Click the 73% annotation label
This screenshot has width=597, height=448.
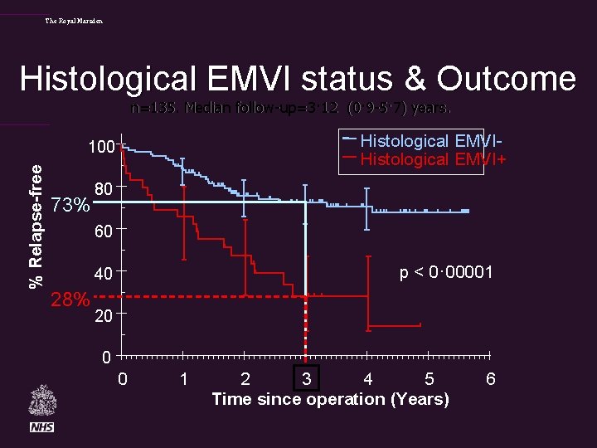(x=70, y=205)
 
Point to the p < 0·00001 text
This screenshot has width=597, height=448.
(x=447, y=272)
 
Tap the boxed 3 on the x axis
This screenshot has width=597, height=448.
(x=307, y=378)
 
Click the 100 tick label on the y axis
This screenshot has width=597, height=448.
(x=102, y=148)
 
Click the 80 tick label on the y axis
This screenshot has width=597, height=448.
(x=104, y=190)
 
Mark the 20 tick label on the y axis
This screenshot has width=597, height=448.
(x=104, y=317)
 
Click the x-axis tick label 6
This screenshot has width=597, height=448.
(x=490, y=379)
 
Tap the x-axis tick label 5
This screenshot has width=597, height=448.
(x=429, y=379)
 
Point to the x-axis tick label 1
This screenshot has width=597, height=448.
(x=183, y=379)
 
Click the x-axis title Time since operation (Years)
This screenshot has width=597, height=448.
(x=330, y=399)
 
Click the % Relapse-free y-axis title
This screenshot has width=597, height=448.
(x=36, y=226)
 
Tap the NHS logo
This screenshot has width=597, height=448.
(x=42, y=427)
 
